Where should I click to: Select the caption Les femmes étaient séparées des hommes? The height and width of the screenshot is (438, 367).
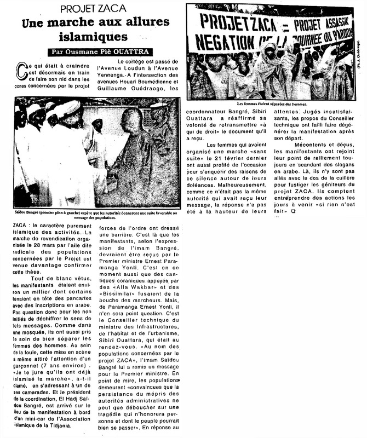point(272,103)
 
